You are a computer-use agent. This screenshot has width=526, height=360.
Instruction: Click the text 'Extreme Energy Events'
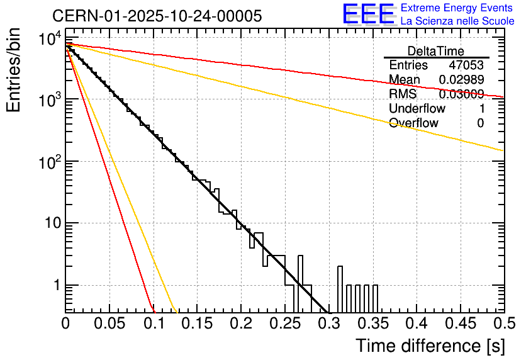(457, 8)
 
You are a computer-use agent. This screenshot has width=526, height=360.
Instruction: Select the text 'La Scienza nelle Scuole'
(457, 21)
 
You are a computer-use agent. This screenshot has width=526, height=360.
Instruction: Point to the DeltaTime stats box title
(436, 51)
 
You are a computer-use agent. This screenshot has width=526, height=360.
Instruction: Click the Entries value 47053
(466, 65)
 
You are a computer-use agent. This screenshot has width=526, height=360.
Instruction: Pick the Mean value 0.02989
(461, 80)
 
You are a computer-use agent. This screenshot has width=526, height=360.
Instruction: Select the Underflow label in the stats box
(417, 108)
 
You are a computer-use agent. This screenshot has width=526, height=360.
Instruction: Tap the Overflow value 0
(480, 123)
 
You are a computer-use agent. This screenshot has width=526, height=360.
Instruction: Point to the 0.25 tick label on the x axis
(284, 324)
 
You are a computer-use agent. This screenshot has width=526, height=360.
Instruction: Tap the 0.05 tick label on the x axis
(109, 324)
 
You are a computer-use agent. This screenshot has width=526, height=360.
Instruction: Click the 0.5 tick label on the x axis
(501, 324)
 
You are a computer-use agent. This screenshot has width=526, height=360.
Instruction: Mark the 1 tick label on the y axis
(55, 285)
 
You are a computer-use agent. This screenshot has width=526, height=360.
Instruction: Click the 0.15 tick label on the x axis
(197, 324)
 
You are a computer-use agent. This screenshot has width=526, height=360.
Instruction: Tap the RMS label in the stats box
(403, 94)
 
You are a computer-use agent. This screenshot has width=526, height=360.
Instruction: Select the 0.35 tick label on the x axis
(372, 324)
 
